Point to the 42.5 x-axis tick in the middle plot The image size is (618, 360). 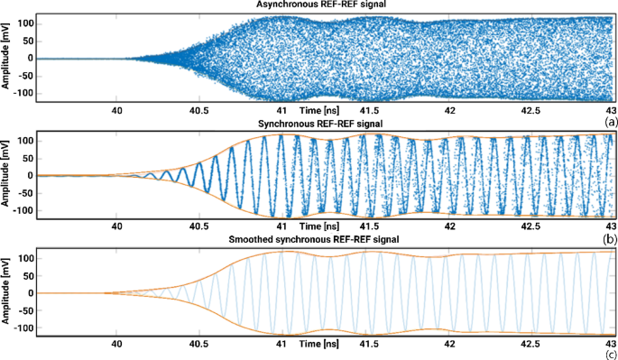click(530, 226)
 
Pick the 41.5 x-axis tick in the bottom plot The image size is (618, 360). click(365, 344)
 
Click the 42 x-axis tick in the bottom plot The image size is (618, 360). click(448, 344)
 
